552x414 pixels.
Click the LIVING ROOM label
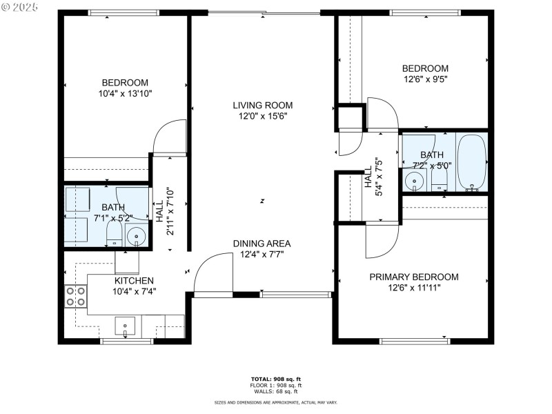[262, 106]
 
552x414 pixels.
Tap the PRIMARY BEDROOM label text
[413, 277]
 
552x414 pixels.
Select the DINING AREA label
[262, 244]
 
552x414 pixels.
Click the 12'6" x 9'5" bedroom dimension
[425, 79]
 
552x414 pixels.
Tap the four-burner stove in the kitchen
[75, 296]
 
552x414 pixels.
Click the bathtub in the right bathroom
[471, 163]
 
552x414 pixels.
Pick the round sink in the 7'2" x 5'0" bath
[414, 181]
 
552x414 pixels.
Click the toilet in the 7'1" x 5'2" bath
[114, 237]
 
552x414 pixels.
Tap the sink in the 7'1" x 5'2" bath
[137, 237]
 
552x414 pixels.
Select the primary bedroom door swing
[382, 239]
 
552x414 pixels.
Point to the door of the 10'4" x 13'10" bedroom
[170, 137]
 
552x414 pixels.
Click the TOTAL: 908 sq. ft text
[275, 379]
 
